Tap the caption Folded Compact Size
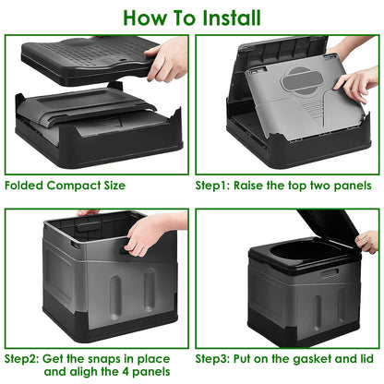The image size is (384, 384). click(x=65, y=185)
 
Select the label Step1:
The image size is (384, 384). click(x=218, y=185)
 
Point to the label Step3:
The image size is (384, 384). click(x=218, y=357)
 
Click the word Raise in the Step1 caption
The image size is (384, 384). click(x=262, y=185)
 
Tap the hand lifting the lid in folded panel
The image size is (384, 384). click(x=168, y=58)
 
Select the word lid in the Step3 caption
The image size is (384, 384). click(x=366, y=357)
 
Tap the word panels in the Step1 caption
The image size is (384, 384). click(x=354, y=185)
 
